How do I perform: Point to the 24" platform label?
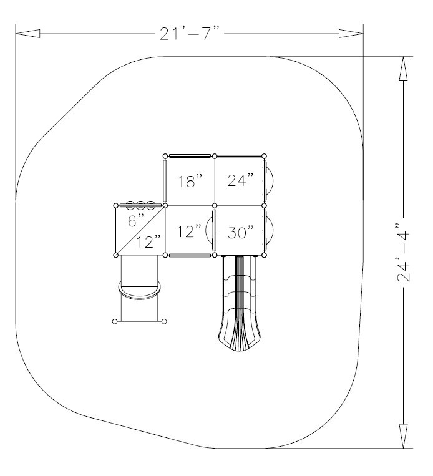pyautogui.click(x=240, y=182)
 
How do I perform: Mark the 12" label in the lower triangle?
pyautogui.click(x=148, y=242)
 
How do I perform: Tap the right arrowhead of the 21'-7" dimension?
pyautogui.click(x=351, y=34)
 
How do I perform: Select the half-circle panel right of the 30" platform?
pyautogui.click(x=270, y=230)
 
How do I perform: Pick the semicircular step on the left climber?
pyautogui.click(x=140, y=291)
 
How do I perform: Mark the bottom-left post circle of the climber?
pyautogui.click(x=115, y=322)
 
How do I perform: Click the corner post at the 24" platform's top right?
pyautogui.click(x=264, y=155)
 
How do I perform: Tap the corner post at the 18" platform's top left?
pyautogui.click(x=165, y=155)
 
